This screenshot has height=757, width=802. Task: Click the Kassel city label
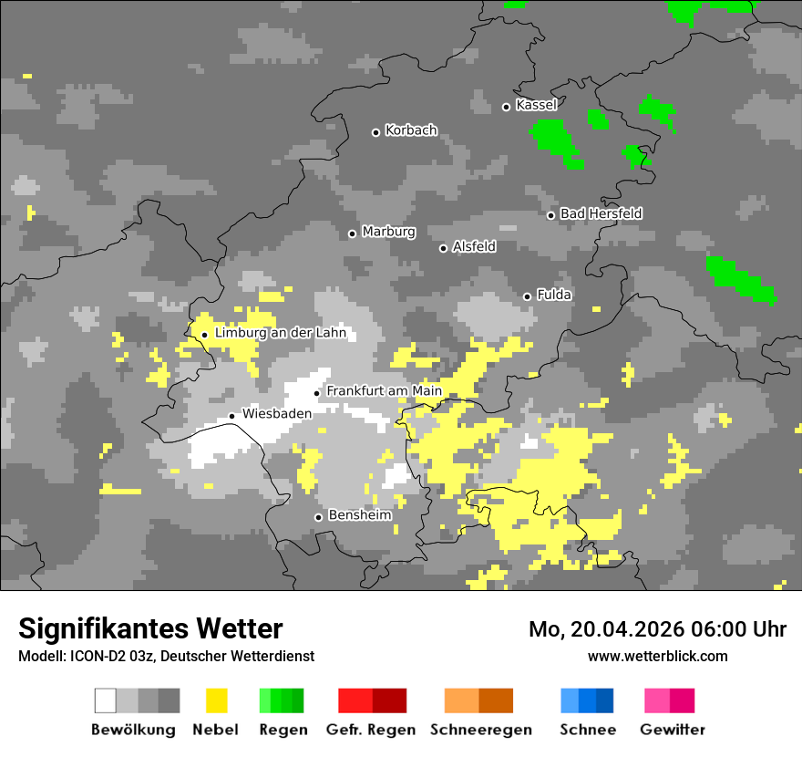click(x=536, y=105)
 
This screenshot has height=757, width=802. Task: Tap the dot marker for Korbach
click(x=375, y=132)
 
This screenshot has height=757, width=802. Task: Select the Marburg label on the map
click(x=388, y=232)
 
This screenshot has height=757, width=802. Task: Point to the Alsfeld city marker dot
click(x=444, y=248)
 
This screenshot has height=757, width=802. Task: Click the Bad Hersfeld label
click(x=601, y=213)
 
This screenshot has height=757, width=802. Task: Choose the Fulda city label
click(x=554, y=295)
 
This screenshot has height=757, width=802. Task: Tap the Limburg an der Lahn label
click(x=280, y=333)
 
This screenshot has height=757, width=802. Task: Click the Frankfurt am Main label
click(x=384, y=391)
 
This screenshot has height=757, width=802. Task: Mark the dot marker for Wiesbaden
click(x=232, y=416)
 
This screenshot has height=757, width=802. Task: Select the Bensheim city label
click(x=360, y=515)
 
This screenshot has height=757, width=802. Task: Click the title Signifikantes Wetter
click(x=150, y=628)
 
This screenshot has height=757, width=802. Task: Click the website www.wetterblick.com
click(x=657, y=656)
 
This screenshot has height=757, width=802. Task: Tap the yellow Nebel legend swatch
click(x=217, y=700)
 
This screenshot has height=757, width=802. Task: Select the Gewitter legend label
click(x=672, y=730)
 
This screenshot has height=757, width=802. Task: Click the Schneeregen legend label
click(x=480, y=730)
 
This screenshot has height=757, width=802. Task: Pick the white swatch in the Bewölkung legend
click(x=106, y=700)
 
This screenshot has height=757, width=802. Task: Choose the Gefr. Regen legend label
click(x=371, y=730)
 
